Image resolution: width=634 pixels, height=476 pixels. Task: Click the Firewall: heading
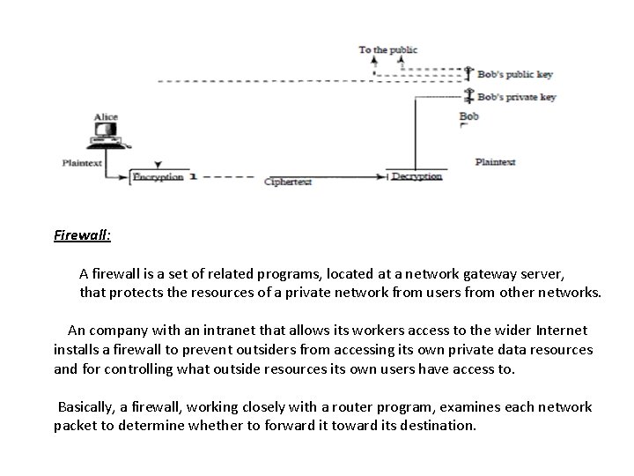pos(82,235)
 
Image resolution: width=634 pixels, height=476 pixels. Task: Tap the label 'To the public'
pos(387,50)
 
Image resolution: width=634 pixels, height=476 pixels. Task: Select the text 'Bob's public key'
pos(515,74)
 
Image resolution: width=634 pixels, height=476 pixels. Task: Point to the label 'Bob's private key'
pos(517,97)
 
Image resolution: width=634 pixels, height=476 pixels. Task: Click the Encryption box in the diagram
pos(158,177)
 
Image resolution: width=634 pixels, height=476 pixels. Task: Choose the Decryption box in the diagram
pos(417,176)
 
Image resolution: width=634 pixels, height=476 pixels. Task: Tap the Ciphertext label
pos(288,182)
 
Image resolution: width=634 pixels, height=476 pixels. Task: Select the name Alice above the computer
pos(106,117)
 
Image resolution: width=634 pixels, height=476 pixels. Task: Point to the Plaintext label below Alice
pos(82,163)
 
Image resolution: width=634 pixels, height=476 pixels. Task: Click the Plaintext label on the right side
pos(495,162)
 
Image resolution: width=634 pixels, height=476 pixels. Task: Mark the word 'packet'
pos(76,426)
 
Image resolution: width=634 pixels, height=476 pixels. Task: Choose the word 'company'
pos(119,331)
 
